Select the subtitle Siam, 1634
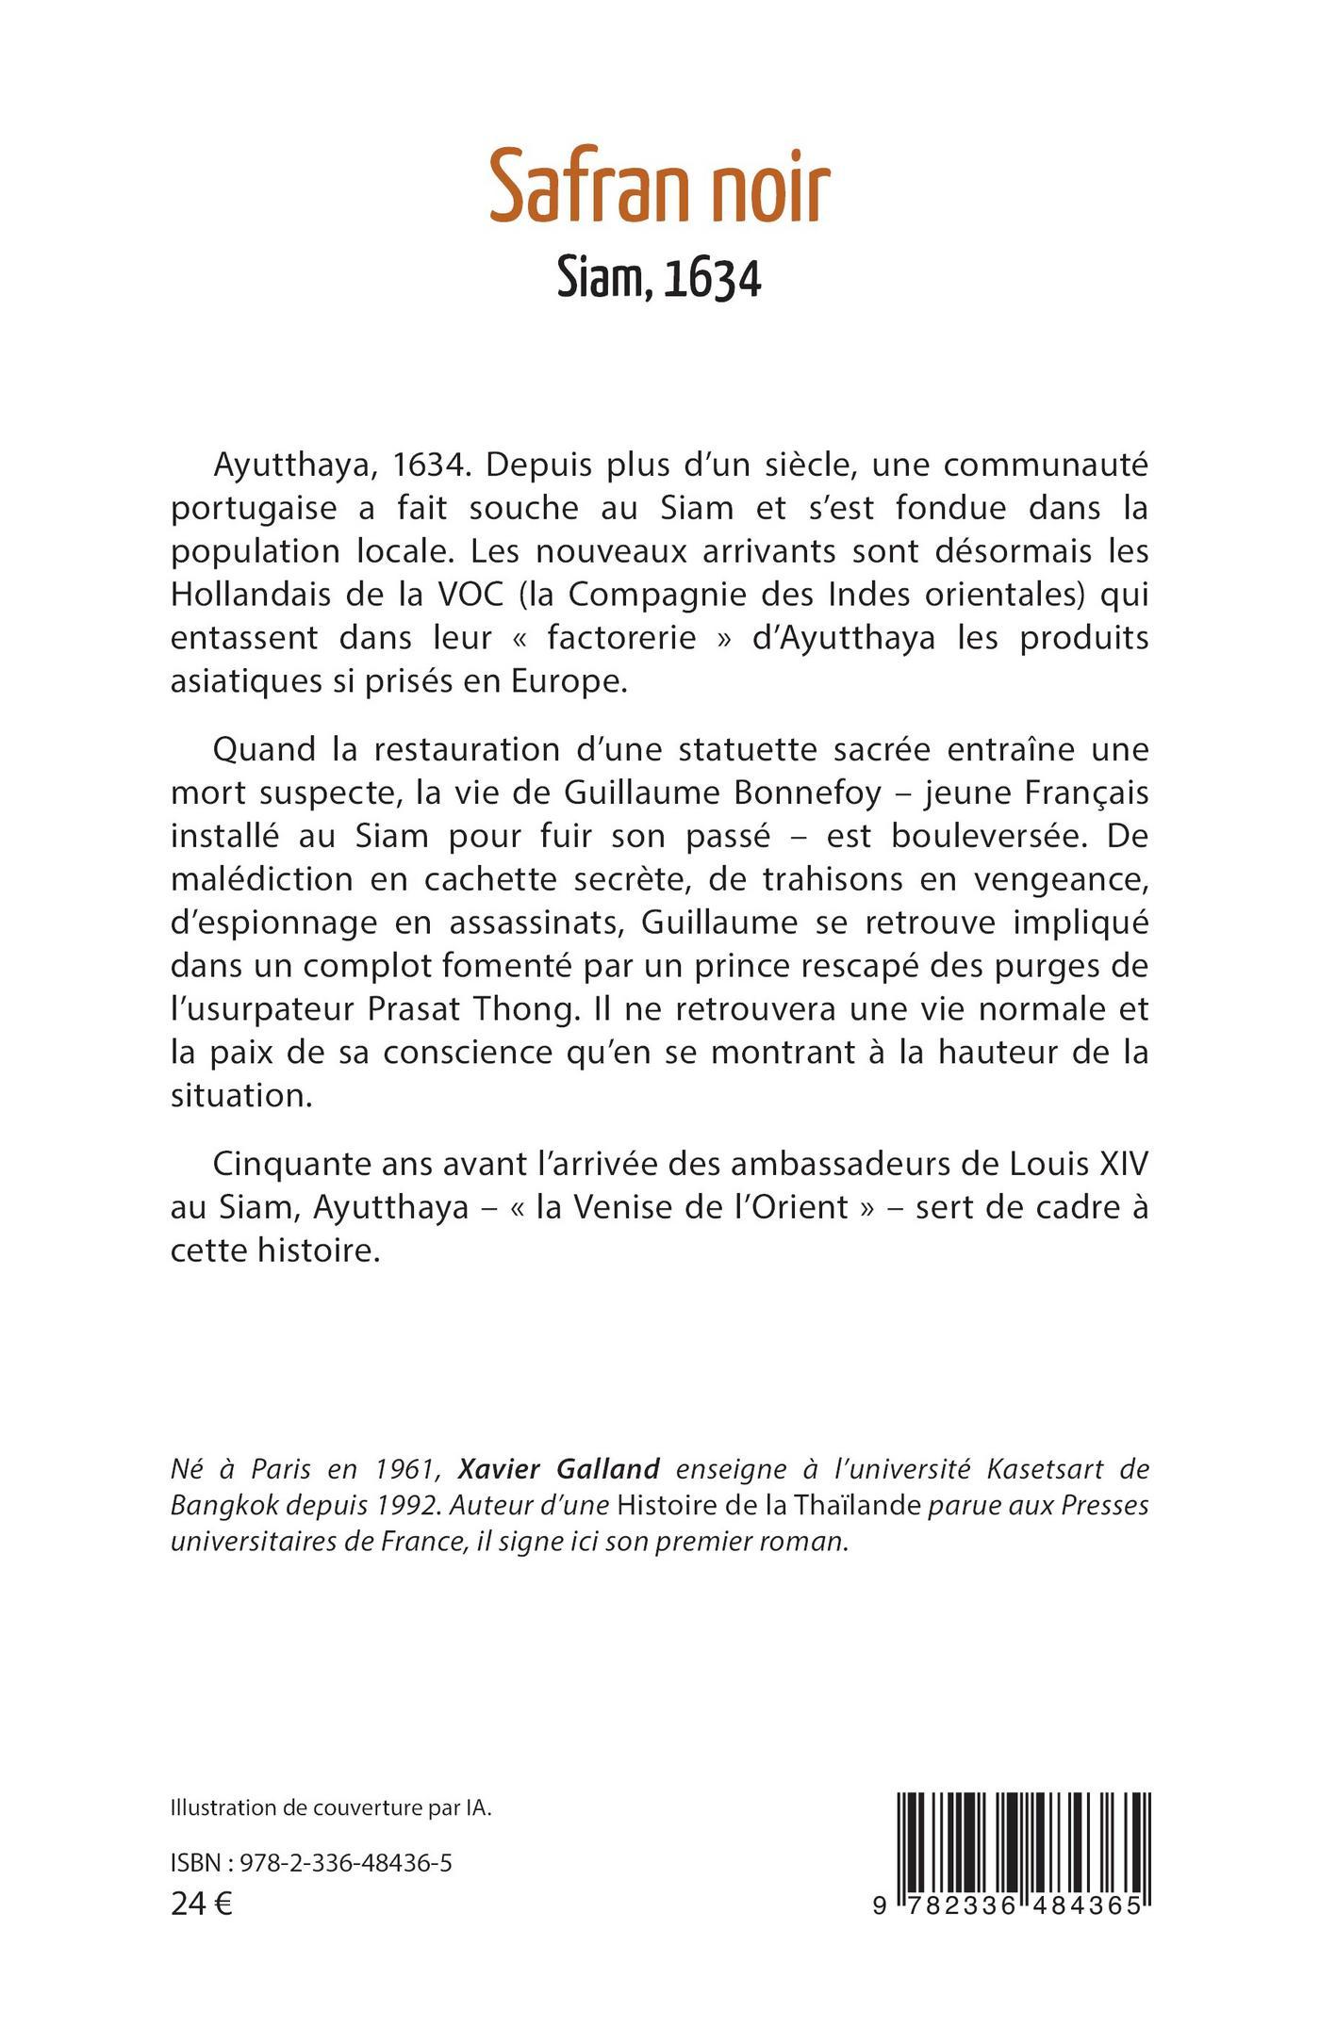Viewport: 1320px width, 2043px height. click(x=659, y=279)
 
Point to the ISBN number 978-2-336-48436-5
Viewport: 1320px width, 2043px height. click(x=346, y=1864)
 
